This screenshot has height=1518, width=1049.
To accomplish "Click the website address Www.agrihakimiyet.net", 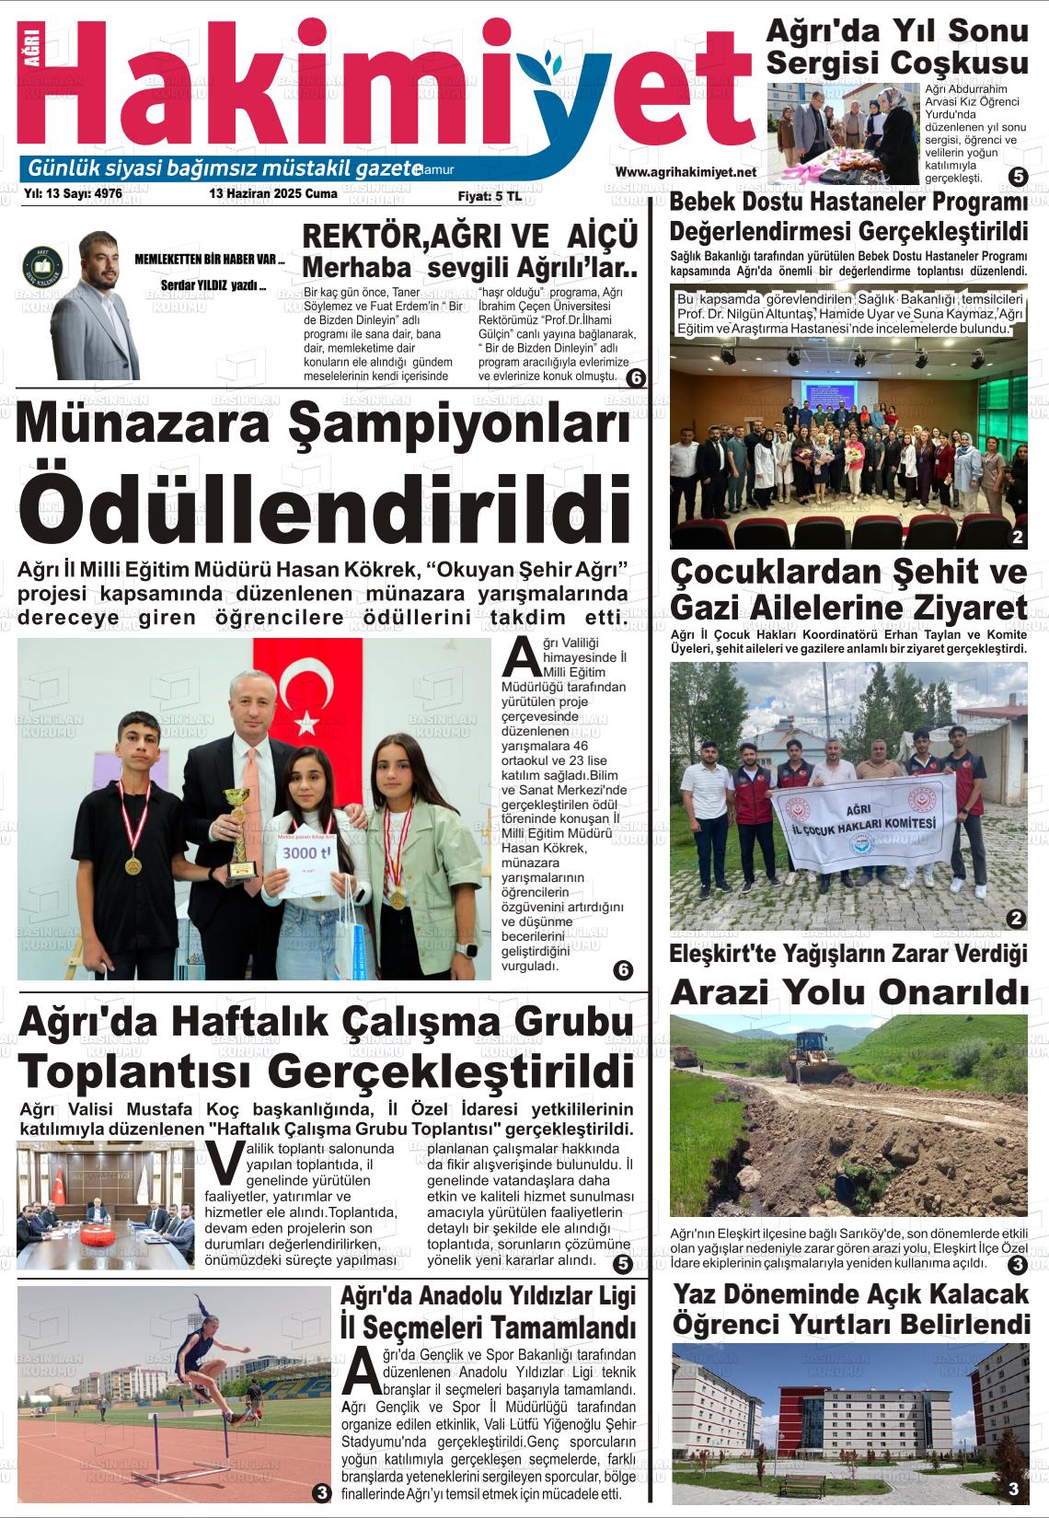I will (x=686, y=172).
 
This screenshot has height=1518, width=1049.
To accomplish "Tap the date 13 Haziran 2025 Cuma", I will (x=273, y=194).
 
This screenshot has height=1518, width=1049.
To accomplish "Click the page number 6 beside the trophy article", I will (x=622, y=969).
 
